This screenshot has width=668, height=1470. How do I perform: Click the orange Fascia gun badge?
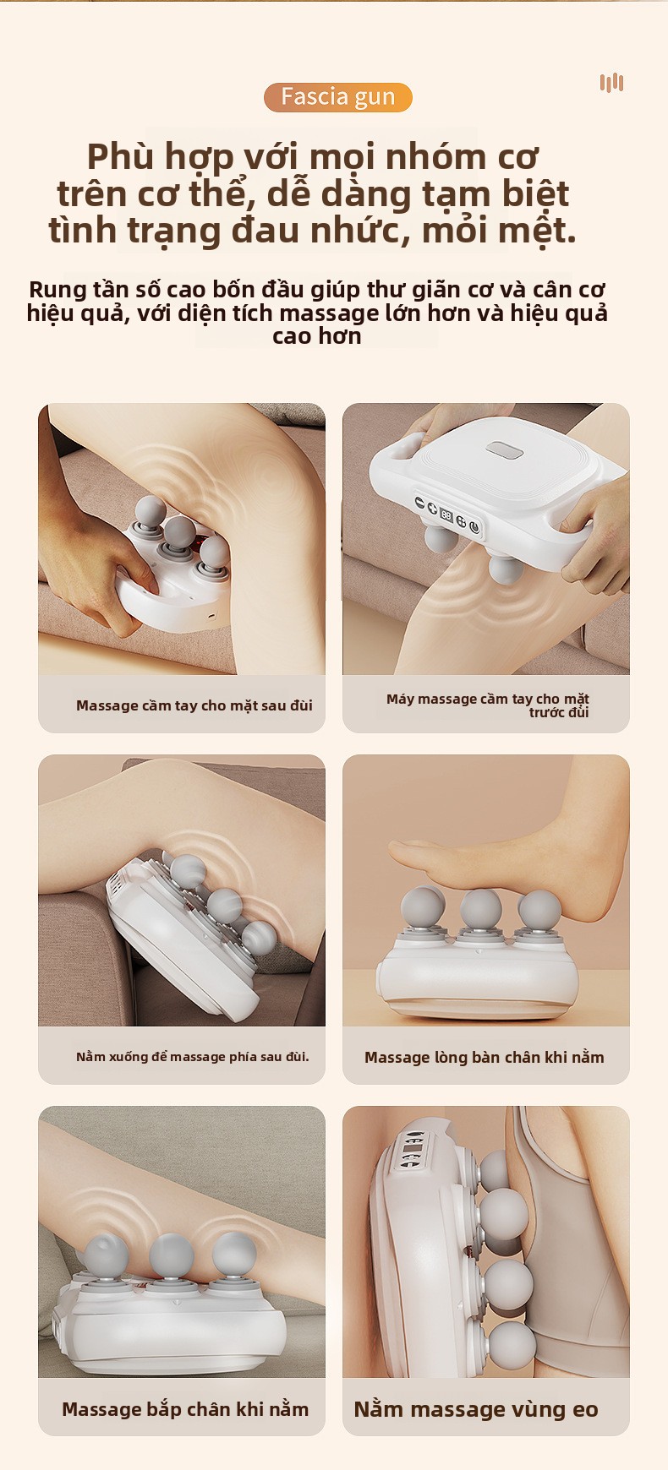click(338, 97)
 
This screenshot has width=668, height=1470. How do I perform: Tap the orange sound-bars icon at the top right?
click(611, 83)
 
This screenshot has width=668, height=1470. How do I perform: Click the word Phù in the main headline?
click(121, 158)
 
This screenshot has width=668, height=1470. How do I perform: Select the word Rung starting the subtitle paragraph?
click(56, 290)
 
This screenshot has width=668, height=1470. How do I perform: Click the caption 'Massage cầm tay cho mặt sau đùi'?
click(194, 705)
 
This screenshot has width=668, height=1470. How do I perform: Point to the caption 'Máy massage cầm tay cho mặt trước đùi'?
click(488, 705)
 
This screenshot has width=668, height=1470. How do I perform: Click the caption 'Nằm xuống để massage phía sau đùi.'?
click(193, 1057)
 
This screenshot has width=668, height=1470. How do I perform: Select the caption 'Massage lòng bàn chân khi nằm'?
click(485, 1057)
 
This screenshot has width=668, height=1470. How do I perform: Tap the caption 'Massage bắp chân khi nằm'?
click(185, 1409)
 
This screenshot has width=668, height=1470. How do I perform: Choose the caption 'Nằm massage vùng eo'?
click(476, 1409)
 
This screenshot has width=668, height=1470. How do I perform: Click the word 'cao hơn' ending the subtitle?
click(317, 336)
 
